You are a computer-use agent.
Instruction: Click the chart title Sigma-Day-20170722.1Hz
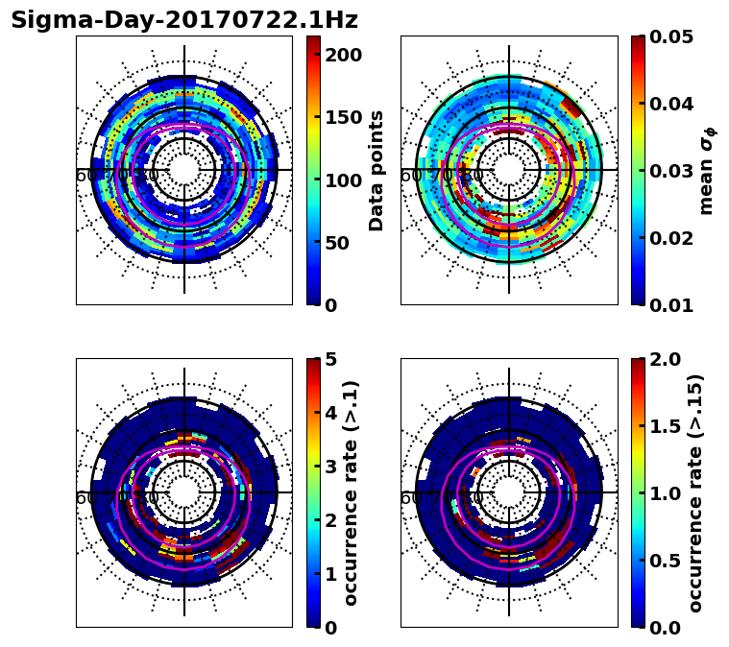(184, 20)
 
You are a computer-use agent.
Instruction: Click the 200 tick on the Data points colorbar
(343, 55)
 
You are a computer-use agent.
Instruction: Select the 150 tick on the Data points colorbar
(343, 117)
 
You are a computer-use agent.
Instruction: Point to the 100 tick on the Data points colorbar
(343, 180)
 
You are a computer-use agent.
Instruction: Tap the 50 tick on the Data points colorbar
(343, 243)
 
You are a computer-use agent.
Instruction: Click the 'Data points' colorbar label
(377, 170)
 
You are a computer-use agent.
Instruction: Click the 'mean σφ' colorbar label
(707, 170)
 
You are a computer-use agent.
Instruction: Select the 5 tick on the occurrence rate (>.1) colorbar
(331, 359)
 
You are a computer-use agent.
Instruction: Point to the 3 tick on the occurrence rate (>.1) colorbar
(331, 467)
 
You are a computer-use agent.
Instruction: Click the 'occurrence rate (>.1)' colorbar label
(352, 492)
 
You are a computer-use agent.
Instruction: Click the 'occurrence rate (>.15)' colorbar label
(696, 492)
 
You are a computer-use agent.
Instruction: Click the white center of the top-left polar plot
(184, 170)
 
